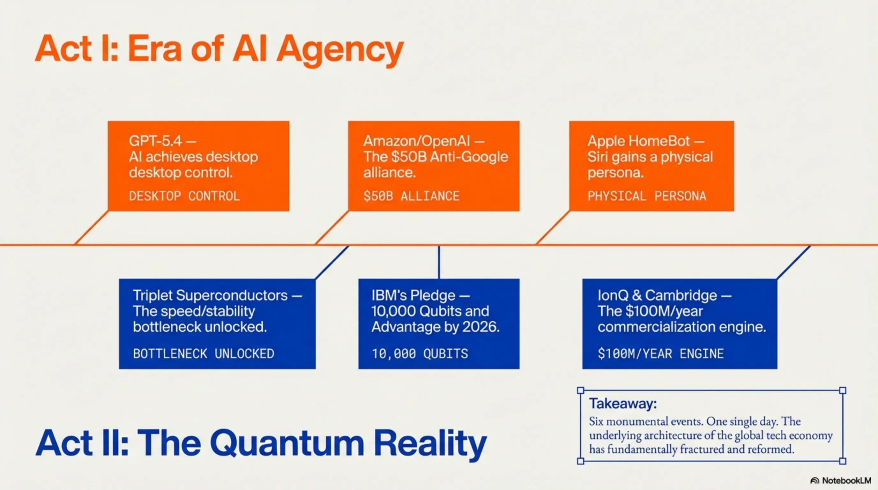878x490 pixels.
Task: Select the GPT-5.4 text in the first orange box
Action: coord(155,141)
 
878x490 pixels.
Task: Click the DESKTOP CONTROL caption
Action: coord(184,196)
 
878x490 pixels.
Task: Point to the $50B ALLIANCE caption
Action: coord(411,196)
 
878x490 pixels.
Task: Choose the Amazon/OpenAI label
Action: coord(416,141)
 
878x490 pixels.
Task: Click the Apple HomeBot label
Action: coord(638,141)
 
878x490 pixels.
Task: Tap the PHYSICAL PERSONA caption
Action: coord(647,196)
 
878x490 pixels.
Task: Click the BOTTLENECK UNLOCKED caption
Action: coord(204,354)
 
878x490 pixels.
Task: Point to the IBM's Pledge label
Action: coord(413,295)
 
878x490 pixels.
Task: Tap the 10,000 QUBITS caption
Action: coord(420,354)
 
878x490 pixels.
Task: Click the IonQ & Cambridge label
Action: coord(657,295)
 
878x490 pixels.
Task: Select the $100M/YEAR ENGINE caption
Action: coord(660,354)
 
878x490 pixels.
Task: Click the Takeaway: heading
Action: coord(623,404)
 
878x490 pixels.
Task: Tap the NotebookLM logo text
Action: coord(846,480)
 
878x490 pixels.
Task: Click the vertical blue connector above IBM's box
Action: coord(439,262)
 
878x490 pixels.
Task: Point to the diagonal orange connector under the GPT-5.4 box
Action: coord(91,228)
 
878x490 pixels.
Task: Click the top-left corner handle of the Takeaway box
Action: coord(581,390)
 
